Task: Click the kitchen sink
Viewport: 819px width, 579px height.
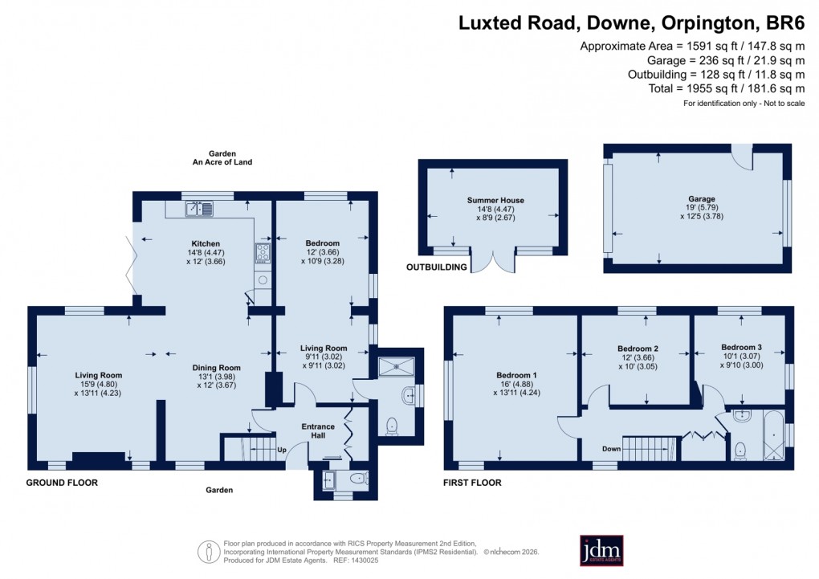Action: click(200, 210)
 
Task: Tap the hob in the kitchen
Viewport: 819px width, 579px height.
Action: click(263, 254)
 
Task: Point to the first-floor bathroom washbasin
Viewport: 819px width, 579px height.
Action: click(741, 417)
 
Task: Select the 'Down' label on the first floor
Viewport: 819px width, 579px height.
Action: click(611, 449)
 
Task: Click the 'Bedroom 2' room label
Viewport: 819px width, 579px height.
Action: click(638, 349)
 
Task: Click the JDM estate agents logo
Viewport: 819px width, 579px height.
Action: click(601, 551)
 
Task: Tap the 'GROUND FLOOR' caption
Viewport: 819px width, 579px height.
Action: click(62, 483)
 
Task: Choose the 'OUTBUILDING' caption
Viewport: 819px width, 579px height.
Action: click(437, 267)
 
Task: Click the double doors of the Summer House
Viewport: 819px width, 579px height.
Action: click(492, 263)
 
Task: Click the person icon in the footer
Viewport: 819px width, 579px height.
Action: click(209, 552)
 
